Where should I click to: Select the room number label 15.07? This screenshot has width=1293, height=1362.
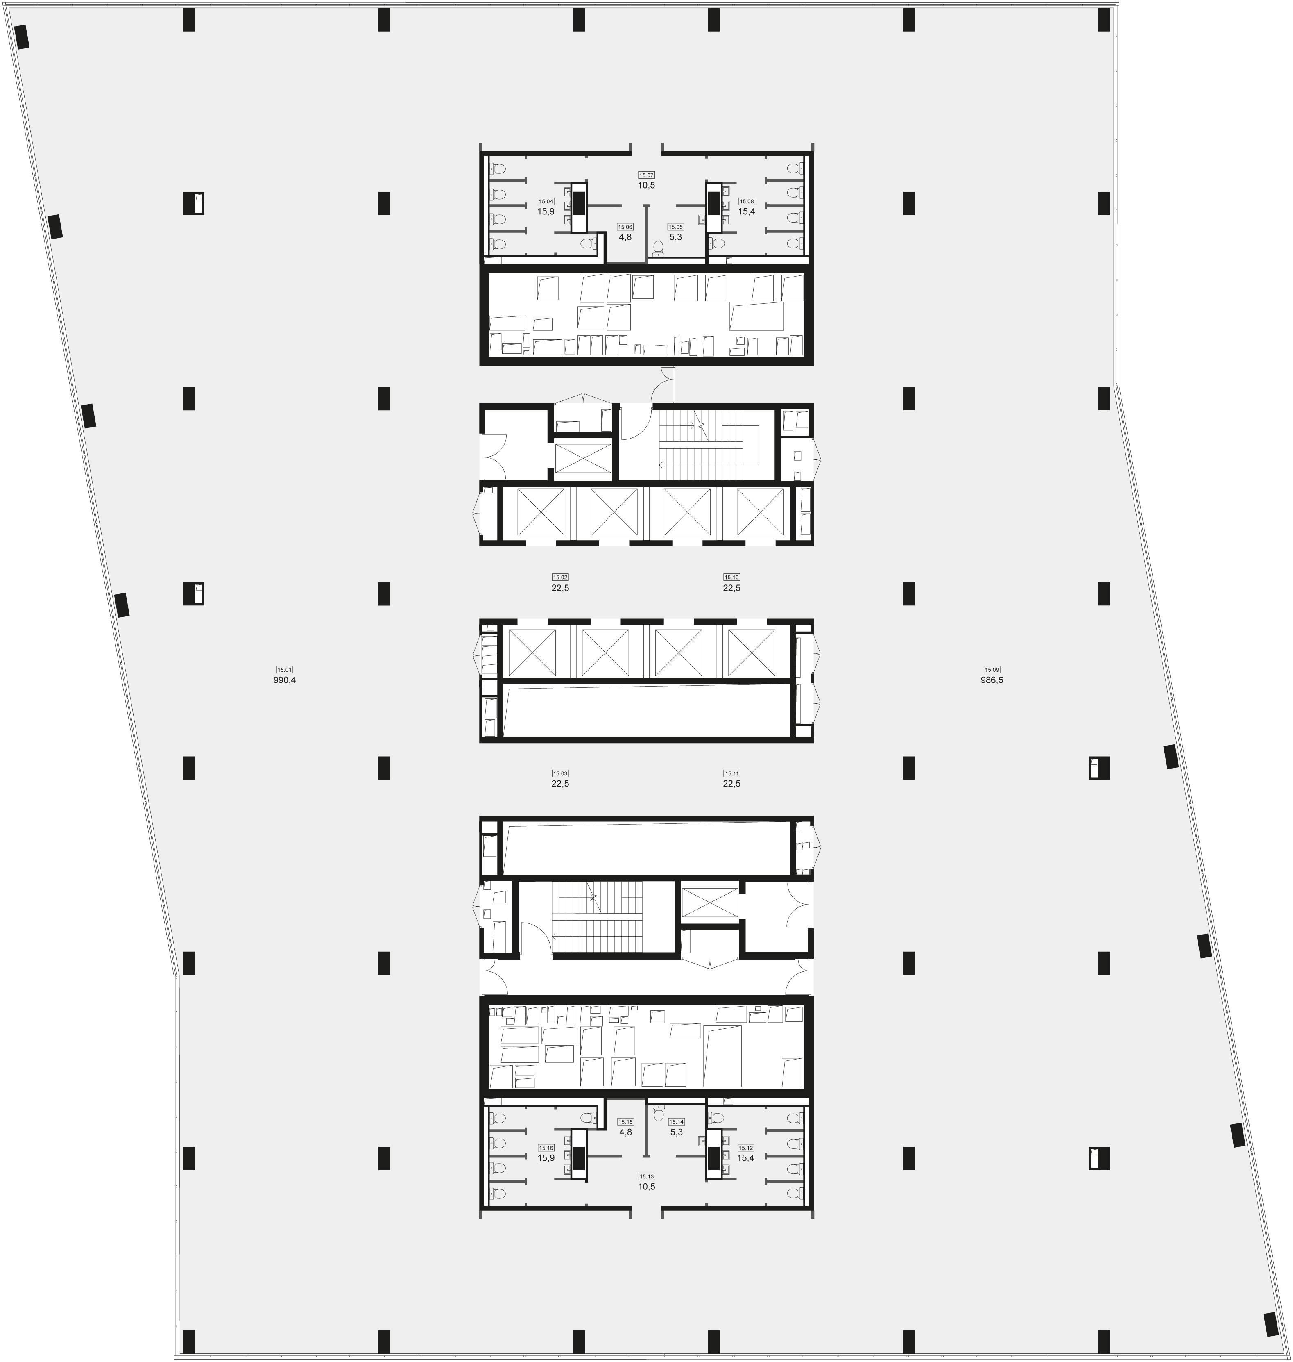pos(646,175)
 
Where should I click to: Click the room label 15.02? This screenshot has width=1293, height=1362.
pos(559,577)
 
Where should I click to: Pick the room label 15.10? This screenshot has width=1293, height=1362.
pos(731,577)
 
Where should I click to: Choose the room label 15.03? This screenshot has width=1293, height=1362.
pos(559,773)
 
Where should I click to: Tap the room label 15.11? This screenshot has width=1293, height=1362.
pos(731,773)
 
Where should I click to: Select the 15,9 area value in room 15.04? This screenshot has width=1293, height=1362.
pos(546,212)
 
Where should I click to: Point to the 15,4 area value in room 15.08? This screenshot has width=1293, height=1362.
pos(747,212)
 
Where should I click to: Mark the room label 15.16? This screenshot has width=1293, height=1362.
pos(546,1148)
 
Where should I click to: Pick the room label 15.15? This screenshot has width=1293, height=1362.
pos(625,1122)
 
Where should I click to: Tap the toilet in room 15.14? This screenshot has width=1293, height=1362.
pos(657,1112)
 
